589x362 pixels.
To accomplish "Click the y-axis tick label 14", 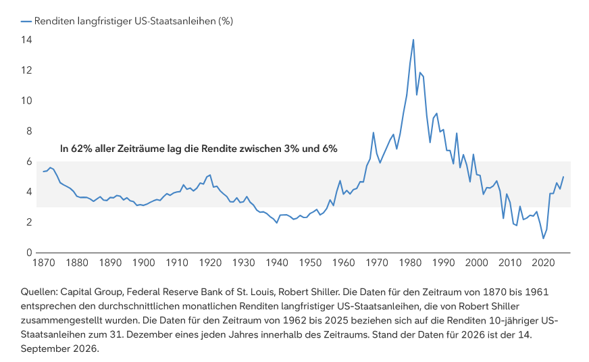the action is coord(26,40).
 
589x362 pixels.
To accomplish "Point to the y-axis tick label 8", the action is coord(29,131).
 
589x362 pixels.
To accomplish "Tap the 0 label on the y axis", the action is coord(29,253).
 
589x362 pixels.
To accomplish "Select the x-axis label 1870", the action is coord(44,263).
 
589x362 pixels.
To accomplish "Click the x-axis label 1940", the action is coord(277,263).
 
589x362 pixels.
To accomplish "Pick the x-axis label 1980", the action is coord(410,263).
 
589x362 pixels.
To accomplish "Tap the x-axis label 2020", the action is coord(543,263).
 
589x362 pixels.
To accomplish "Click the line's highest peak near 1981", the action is coord(413,39).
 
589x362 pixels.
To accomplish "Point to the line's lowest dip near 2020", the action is coord(543,238).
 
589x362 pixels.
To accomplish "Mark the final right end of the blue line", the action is coord(563,176).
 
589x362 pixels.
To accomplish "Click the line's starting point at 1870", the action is coord(44,172).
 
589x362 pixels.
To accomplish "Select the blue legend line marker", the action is coord(26,22).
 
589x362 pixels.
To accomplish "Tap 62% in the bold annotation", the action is coord(82,149).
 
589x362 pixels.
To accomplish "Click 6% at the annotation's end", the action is coord(330,149).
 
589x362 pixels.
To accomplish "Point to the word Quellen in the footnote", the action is coord(39,292).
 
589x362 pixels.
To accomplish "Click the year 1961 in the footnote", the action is coord(537,292).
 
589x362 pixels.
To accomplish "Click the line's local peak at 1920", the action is coord(210,175).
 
